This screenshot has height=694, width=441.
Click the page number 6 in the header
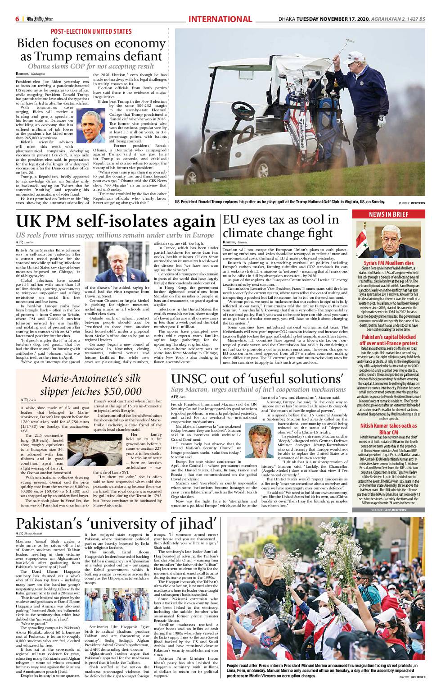17,19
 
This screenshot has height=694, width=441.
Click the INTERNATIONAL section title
220,19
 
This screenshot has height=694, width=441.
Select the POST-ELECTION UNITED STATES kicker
91,32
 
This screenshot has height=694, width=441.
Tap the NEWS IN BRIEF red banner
388,215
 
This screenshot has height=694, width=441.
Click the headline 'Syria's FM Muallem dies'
388,263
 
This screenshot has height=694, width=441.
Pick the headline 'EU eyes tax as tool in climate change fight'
281,226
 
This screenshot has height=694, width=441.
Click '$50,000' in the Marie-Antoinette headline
121,391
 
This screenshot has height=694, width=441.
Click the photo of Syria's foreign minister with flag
388,239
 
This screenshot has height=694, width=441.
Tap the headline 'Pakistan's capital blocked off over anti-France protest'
388,340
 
